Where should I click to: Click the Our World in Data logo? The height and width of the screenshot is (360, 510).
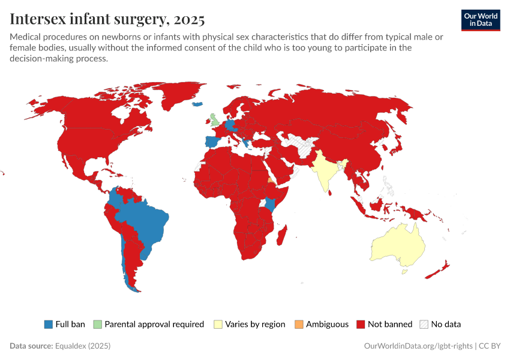point(481,20)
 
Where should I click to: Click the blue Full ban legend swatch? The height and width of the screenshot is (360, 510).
point(49,324)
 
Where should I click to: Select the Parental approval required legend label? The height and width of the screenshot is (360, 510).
point(154,324)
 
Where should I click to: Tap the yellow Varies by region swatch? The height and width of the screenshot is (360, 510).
point(218,324)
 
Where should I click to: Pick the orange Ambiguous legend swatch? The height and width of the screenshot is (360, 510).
point(299,324)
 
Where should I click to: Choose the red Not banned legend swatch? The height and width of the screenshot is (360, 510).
point(361,324)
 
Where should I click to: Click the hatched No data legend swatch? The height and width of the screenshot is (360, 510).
point(424,324)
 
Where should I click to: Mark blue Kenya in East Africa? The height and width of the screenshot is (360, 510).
point(271,203)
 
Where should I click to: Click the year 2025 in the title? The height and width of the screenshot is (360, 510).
point(189,19)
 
